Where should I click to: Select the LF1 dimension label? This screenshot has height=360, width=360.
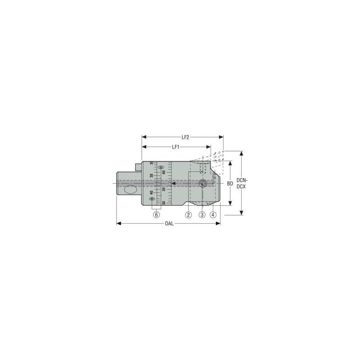coord(176,147)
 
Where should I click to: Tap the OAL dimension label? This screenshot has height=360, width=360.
coord(169,223)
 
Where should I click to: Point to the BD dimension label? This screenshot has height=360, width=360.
coord(229,184)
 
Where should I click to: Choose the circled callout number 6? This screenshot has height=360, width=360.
coord(156,215)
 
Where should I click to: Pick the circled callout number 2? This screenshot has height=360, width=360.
coord(189,215)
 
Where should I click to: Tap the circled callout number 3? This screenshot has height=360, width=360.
coord(202,215)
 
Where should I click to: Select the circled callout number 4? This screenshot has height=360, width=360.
coord(213,215)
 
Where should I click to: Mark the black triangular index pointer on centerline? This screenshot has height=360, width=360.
coord(172,183)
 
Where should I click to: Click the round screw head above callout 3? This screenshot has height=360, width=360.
coord(203,183)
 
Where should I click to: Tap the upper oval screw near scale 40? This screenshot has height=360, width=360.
coord(161,168)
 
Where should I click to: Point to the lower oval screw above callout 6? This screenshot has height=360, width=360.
coord(153,199)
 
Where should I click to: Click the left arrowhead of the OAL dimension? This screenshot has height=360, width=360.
coord(118,223)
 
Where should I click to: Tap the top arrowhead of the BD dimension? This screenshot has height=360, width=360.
coord(229,162)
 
